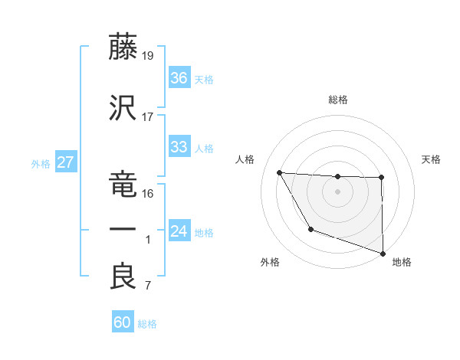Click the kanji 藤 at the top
pyautogui.click(x=123, y=47)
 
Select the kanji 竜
pyautogui.click(x=123, y=185)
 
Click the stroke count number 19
pyautogui.click(x=148, y=56)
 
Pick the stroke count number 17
pyautogui.click(x=148, y=117)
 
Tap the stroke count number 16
pyautogui.click(x=148, y=193)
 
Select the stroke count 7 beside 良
pyautogui.click(x=148, y=286)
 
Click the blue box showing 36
pyautogui.click(x=179, y=78)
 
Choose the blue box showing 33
pyautogui.click(x=179, y=147)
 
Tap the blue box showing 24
pyautogui.click(x=179, y=231)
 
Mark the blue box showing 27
pyautogui.click(x=65, y=163)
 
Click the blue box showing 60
pyautogui.click(x=123, y=322)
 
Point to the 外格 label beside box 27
pyautogui.click(x=41, y=164)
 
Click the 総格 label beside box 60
pyautogui.click(x=148, y=324)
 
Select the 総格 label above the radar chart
pyautogui.click(x=338, y=100)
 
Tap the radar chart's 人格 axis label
pyautogui.click(x=245, y=159)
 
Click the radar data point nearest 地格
pyautogui.click(x=383, y=253)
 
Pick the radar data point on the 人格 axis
pyautogui.click(x=279, y=172)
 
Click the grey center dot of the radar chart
pyautogui.click(x=337, y=191)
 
